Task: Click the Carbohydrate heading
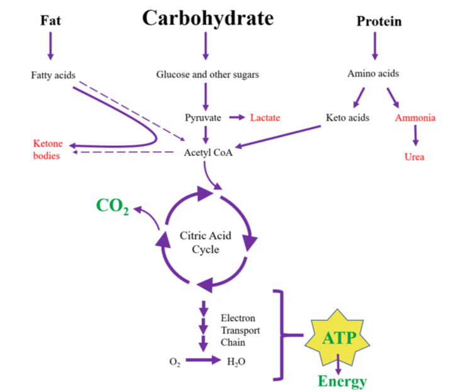(x=208, y=18)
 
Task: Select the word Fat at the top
(x=51, y=20)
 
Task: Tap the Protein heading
(x=379, y=21)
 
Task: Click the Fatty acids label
(x=53, y=76)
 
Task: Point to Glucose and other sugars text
(x=208, y=75)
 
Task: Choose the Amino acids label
(x=373, y=74)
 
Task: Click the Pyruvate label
(x=203, y=118)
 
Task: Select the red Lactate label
(x=265, y=118)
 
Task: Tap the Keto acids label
(x=347, y=118)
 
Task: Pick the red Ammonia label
(x=415, y=118)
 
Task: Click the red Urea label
(x=414, y=157)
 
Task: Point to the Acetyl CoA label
(x=208, y=152)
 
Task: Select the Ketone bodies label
(x=48, y=150)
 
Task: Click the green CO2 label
(x=112, y=206)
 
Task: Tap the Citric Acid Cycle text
(x=206, y=243)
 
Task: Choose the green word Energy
(x=342, y=381)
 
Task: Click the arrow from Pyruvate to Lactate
(x=236, y=118)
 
